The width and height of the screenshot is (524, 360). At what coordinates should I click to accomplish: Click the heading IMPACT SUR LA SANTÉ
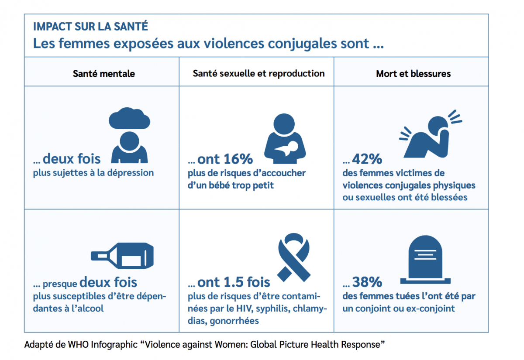[90, 26]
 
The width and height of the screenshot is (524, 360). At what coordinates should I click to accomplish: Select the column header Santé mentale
[103, 73]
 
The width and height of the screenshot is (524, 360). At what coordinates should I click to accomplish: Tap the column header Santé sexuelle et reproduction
[259, 73]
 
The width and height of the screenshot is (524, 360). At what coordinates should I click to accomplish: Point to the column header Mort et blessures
[413, 73]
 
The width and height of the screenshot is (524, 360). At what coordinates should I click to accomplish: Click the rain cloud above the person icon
[130, 118]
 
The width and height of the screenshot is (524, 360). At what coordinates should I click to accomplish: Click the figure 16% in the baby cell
[238, 159]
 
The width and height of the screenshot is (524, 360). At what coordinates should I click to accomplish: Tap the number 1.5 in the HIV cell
[233, 282]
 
